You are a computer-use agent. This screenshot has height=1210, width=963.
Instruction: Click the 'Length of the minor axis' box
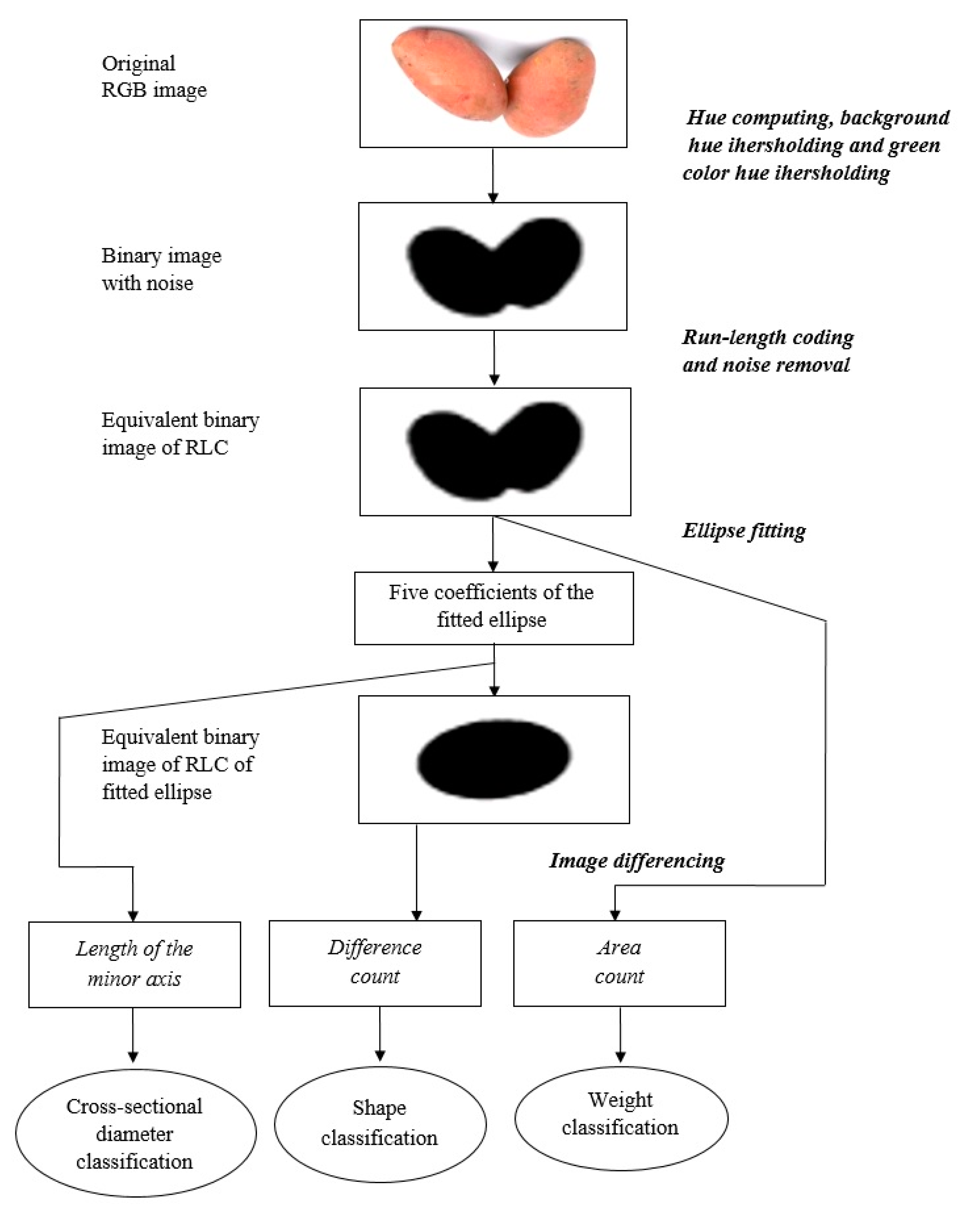coord(134,964)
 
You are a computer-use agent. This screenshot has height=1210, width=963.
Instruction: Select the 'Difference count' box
coord(375,962)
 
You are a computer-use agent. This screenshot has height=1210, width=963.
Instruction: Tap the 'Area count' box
coord(619,962)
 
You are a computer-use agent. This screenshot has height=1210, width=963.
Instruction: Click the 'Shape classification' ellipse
coord(380,1123)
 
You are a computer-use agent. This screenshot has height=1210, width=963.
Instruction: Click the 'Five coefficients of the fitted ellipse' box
coord(494,607)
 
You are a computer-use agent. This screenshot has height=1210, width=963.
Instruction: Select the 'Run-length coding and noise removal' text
coord(767,351)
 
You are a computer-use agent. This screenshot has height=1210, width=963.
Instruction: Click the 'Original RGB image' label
coord(154,76)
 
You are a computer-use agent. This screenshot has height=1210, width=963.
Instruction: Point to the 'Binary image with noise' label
coord(161,269)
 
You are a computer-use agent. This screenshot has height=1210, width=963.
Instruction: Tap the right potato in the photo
coord(553,90)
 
